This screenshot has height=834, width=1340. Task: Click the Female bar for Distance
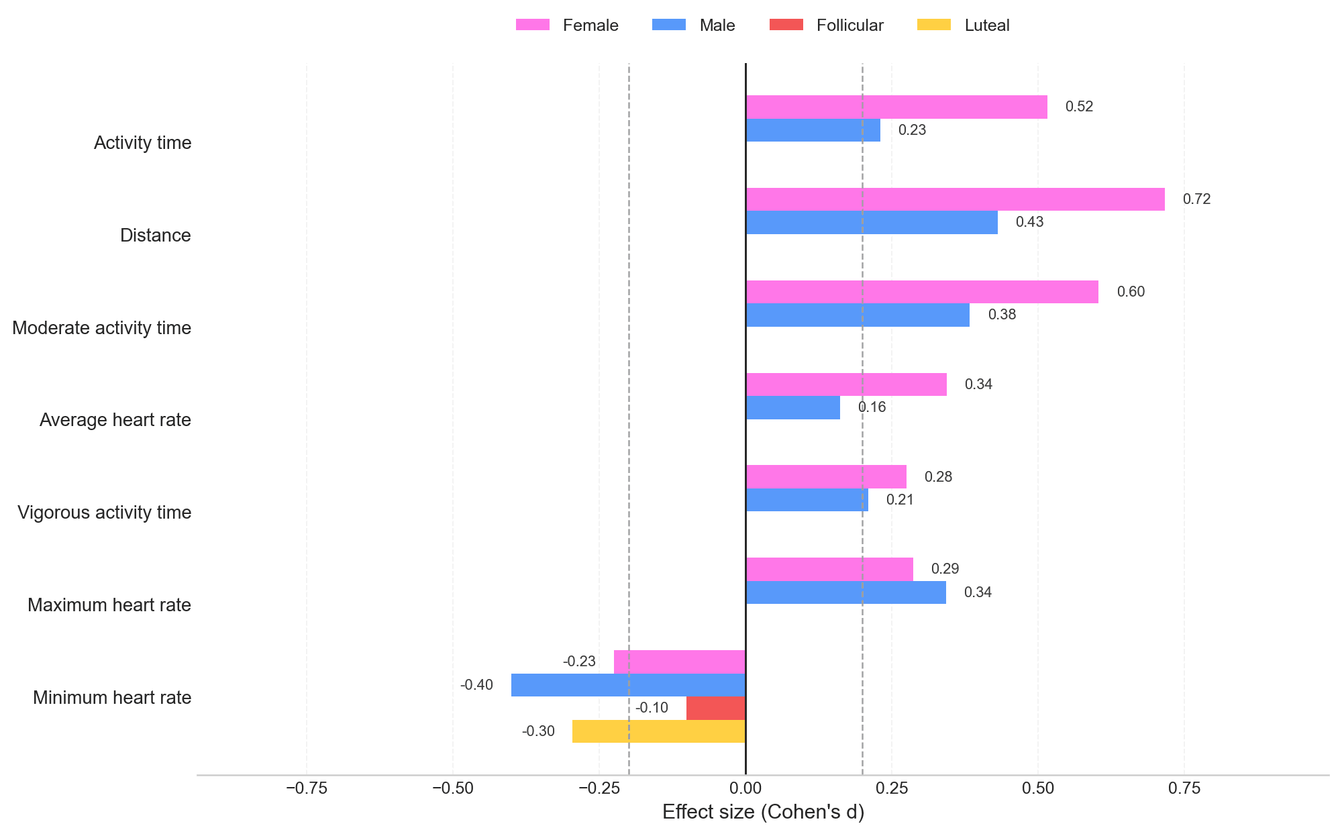tap(955, 199)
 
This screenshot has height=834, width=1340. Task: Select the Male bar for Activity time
tap(813, 130)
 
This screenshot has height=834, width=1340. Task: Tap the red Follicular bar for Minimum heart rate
tap(715, 708)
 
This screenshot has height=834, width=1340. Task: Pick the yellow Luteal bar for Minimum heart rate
tap(658, 731)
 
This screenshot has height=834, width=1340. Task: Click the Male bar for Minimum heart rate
tap(628, 685)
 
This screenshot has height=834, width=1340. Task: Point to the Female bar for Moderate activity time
tap(922, 292)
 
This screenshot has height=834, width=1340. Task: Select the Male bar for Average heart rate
tap(792, 407)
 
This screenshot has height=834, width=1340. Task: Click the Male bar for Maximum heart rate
tap(845, 592)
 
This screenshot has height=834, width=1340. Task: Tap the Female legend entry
tap(567, 25)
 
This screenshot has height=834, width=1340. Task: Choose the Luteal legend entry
tap(963, 25)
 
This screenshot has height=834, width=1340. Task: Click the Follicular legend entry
tap(827, 25)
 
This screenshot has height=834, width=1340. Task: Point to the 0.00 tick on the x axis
tap(745, 788)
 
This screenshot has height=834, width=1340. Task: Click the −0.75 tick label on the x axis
tap(307, 788)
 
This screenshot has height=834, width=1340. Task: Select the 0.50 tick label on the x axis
tap(1038, 788)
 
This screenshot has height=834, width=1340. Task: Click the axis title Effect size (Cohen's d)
tap(763, 813)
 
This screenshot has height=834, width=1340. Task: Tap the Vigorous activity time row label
tap(105, 513)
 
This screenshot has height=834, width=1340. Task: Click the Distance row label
tap(156, 236)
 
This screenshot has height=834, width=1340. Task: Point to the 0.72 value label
tap(1196, 199)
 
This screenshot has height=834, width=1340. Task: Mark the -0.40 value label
tap(476, 685)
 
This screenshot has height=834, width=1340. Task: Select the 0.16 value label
tap(872, 407)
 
